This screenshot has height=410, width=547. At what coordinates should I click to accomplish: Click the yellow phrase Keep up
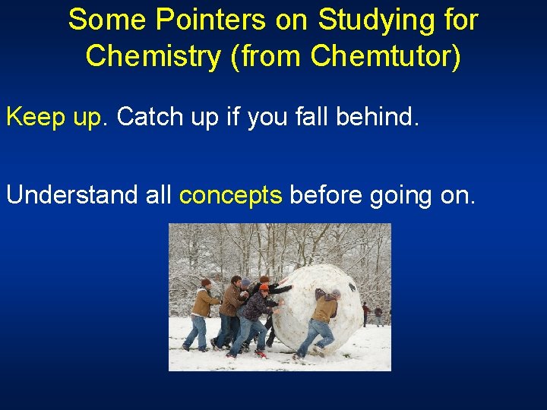point(58,117)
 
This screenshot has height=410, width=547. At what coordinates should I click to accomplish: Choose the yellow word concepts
point(230,195)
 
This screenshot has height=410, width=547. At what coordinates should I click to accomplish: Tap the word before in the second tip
point(327,195)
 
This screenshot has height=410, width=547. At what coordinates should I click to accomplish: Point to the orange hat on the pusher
point(264,287)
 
